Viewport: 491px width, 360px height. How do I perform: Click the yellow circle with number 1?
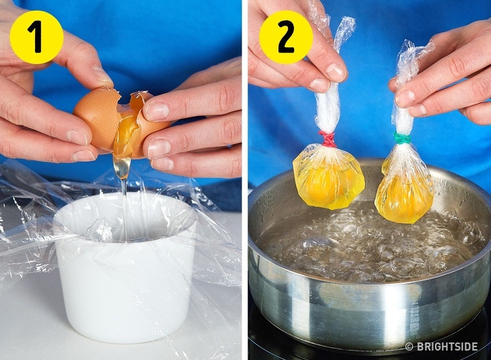click(x=36, y=37)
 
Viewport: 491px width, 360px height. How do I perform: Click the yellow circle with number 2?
click(x=286, y=37)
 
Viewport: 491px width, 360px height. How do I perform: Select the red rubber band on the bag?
click(x=327, y=140)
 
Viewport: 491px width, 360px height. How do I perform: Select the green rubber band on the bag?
click(x=402, y=138)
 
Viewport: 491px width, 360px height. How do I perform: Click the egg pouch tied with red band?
click(x=328, y=177)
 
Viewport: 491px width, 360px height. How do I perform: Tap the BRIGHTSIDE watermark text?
click(x=446, y=347)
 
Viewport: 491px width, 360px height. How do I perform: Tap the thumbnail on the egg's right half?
click(x=156, y=111)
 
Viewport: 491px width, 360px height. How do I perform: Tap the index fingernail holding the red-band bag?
click(x=335, y=71)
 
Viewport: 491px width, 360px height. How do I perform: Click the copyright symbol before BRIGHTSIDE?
click(x=409, y=347)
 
